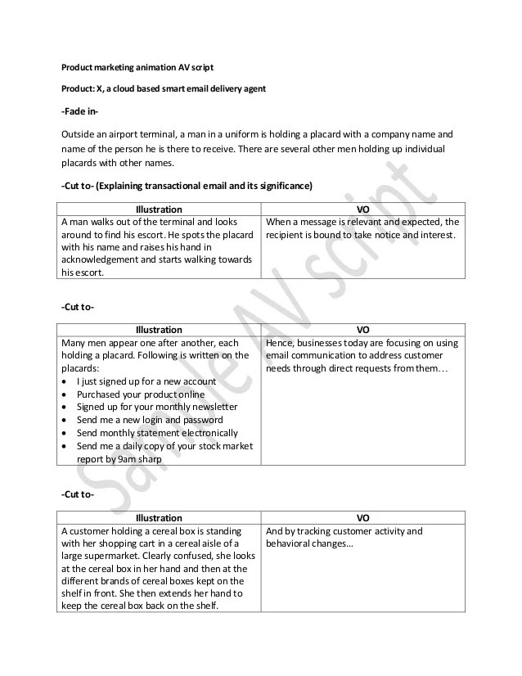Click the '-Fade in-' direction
pos(80,111)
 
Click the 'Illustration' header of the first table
pos(159,210)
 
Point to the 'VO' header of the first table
pos(363,210)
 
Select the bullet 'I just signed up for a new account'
pos(146,381)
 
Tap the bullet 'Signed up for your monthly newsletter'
pos(157,407)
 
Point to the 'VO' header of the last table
pos(363,518)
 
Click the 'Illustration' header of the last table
pos(159,518)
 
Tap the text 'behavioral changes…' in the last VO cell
pos(308,544)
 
